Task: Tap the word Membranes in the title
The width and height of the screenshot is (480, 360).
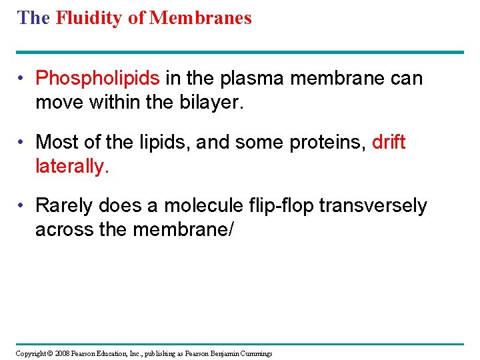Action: pyautogui.click(x=201, y=18)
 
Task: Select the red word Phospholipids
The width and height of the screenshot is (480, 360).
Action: pyautogui.click(x=97, y=79)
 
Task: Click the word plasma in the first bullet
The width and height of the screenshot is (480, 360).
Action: pyautogui.click(x=248, y=79)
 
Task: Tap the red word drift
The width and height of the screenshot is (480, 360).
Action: pyautogui.click(x=389, y=142)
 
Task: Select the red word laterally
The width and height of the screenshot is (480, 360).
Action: pyautogui.click(x=71, y=165)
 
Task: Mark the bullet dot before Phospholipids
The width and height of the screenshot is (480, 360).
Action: pyautogui.click(x=22, y=79)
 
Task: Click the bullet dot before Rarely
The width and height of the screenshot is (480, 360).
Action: pyautogui.click(x=22, y=206)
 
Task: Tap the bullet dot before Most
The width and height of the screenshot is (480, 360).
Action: pyautogui.click(x=22, y=142)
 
